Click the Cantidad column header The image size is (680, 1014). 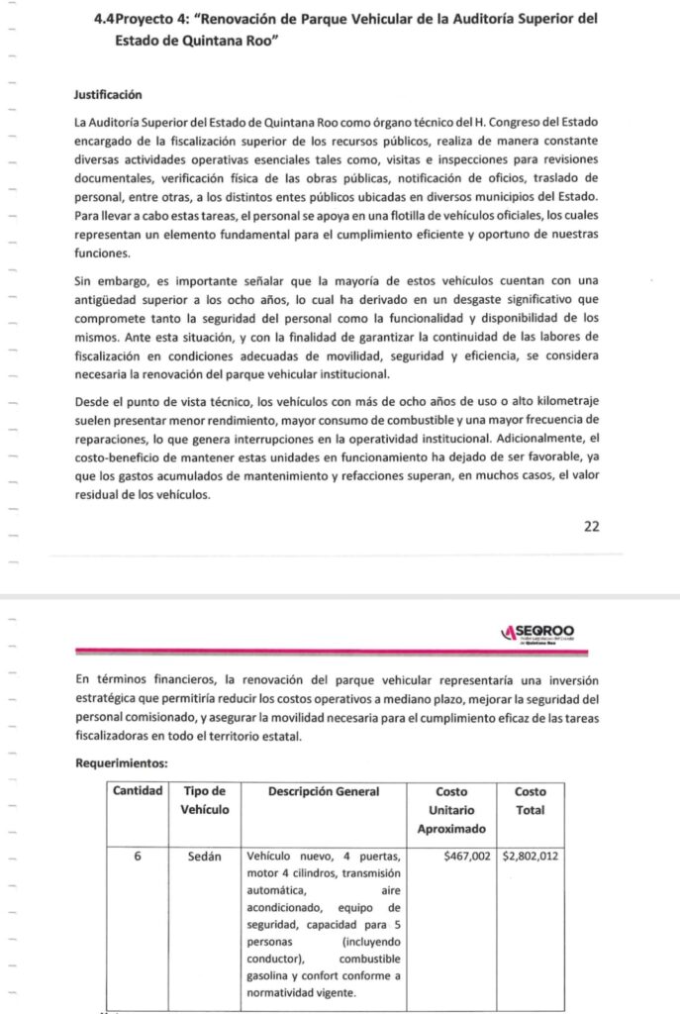tap(138, 792)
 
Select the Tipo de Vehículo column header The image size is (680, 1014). tap(205, 801)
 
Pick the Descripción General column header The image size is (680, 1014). tap(323, 792)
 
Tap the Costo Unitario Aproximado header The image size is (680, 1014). tap(451, 810)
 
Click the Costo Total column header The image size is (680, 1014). tap(530, 801)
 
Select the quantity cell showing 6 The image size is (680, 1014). tap(138, 856)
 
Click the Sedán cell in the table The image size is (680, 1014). tap(204, 856)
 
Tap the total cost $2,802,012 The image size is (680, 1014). tap(531, 856)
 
